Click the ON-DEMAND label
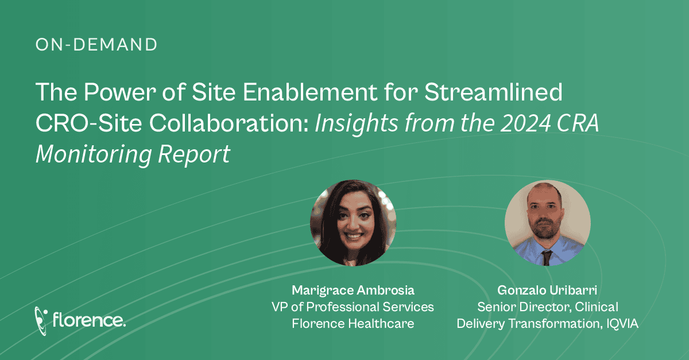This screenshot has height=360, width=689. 96,45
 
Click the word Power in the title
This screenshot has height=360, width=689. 120,92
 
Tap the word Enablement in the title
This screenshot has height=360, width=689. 310,92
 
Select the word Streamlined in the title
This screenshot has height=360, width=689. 493,92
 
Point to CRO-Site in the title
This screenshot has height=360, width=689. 88,123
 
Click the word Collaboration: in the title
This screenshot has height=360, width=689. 229,123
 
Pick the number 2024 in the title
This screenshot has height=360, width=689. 525,123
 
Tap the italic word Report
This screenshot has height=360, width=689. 194,154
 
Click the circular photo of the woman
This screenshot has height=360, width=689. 353,223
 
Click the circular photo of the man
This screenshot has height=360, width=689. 548,223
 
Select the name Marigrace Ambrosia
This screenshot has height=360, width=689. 353,290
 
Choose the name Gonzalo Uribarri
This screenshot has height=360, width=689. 547,290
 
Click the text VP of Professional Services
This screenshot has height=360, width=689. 353,307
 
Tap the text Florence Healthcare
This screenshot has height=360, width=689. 353,323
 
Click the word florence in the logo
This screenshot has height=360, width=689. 89,320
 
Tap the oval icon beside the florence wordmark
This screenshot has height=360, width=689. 41,320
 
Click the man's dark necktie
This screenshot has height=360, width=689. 546,258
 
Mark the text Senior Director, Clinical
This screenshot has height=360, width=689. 548,307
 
